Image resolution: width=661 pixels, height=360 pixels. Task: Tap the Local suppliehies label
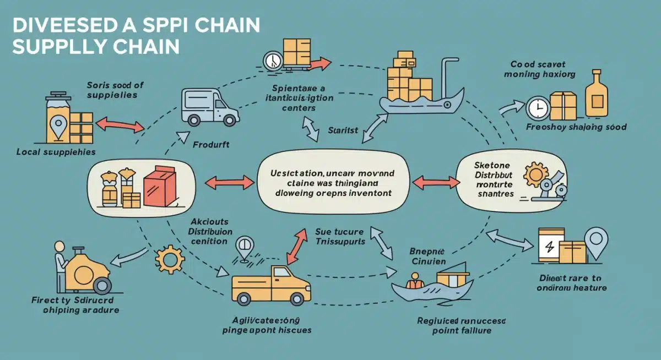(x=56, y=151)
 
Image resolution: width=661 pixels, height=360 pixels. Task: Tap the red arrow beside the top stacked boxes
(x=319, y=64)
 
